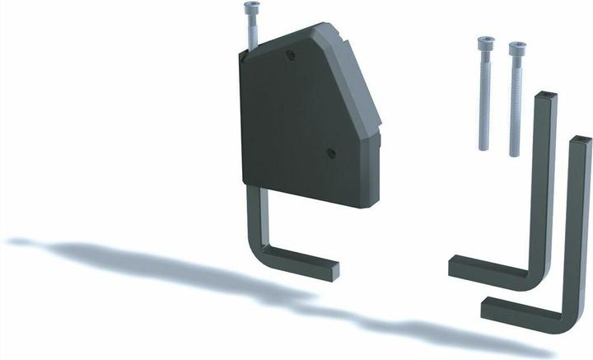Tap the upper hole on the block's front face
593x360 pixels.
[x=289, y=56]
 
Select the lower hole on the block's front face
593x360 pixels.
[x=330, y=152]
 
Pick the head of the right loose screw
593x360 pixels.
[x=516, y=49]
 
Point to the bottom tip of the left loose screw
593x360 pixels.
[x=484, y=149]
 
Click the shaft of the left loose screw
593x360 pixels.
[x=483, y=99]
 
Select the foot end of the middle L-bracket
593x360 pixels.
[x=455, y=268]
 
